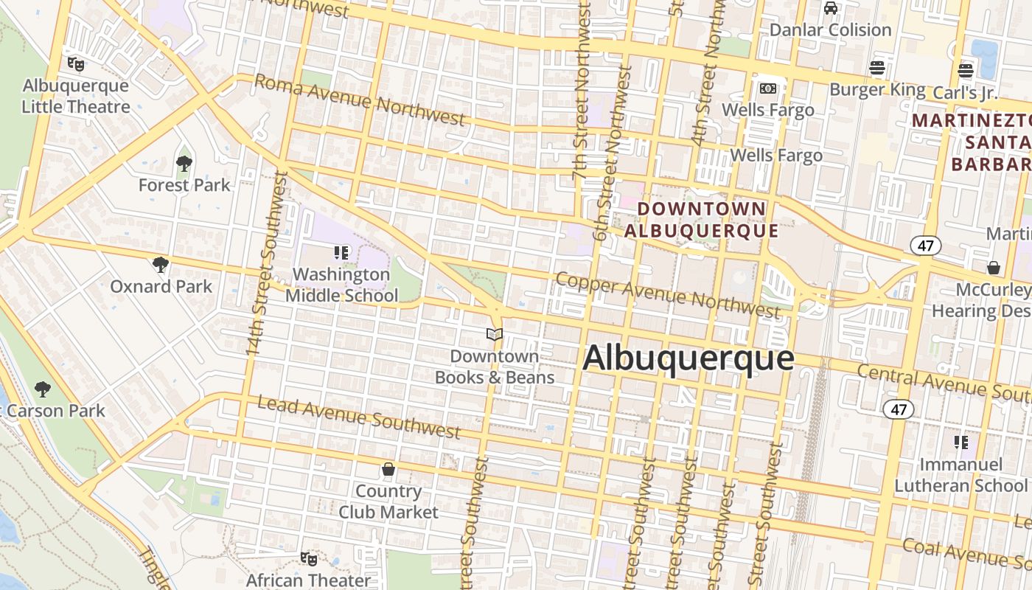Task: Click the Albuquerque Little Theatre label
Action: point(75,96)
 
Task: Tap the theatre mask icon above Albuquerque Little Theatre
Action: point(75,64)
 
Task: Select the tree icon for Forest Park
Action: point(184,163)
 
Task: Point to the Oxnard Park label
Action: point(161,286)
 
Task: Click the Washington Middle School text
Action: point(341,285)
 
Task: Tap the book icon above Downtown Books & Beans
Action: point(495,335)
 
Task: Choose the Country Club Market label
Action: point(388,502)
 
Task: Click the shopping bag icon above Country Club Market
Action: point(388,469)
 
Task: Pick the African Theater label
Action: point(308,580)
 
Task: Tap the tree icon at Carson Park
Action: point(43,389)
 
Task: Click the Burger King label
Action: point(877,89)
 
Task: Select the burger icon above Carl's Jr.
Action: point(966,71)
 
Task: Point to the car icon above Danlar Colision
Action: point(831,8)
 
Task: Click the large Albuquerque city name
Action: point(688,359)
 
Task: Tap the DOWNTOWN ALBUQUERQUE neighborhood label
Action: point(702,220)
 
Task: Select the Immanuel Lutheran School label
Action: point(960,475)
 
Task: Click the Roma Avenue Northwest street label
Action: point(360,100)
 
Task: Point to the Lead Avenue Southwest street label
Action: point(359,417)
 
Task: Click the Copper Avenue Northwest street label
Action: point(667,295)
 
